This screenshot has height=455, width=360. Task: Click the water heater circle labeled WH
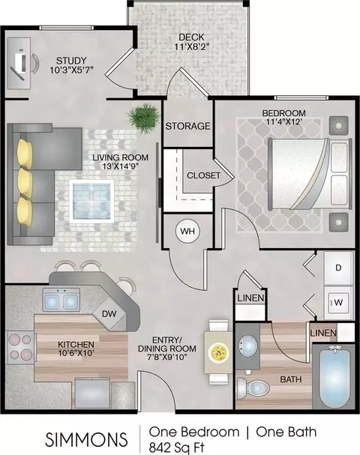(187, 232)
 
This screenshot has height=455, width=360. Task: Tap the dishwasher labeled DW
(109, 313)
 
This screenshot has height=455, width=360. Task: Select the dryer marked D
(338, 268)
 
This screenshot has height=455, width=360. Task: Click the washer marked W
(338, 303)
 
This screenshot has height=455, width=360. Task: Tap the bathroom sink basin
(247, 346)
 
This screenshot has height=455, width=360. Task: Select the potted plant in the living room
(144, 118)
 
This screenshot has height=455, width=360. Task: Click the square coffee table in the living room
(91, 202)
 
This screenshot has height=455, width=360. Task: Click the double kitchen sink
(61, 300)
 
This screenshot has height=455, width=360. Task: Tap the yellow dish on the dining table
(219, 352)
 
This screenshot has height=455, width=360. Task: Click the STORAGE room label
(187, 126)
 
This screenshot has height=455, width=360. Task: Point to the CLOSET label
(203, 175)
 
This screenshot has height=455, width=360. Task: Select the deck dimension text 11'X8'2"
(191, 46)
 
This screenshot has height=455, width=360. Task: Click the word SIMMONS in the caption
(86, 439)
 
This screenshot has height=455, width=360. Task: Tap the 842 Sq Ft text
(177, 447)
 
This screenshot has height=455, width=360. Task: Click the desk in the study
(19, 63)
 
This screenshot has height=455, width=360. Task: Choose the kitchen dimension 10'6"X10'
(76, 353)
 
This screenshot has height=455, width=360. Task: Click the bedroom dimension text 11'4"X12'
(283, 121)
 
